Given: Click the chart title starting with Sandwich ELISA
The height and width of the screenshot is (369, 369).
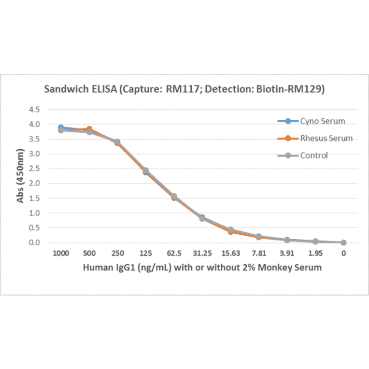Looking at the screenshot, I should (184, 89).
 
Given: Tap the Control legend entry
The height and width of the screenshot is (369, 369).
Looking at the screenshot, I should (314, 155).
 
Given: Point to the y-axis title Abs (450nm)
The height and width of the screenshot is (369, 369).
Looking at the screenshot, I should (20, 176).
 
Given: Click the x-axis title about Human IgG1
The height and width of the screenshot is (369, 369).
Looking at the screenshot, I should (202, 267).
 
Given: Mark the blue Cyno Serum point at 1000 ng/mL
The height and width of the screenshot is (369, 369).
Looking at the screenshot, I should (60, 128).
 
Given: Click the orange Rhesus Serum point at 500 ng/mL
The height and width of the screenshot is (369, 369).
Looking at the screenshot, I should (89, 129).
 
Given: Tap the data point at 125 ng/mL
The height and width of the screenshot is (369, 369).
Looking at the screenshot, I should (145, 171).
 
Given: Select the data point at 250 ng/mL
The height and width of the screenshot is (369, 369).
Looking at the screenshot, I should (117, 142).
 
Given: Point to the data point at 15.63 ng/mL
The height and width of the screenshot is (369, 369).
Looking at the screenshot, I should (230, 230).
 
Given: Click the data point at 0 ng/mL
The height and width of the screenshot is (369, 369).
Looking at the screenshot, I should (343, 242).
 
